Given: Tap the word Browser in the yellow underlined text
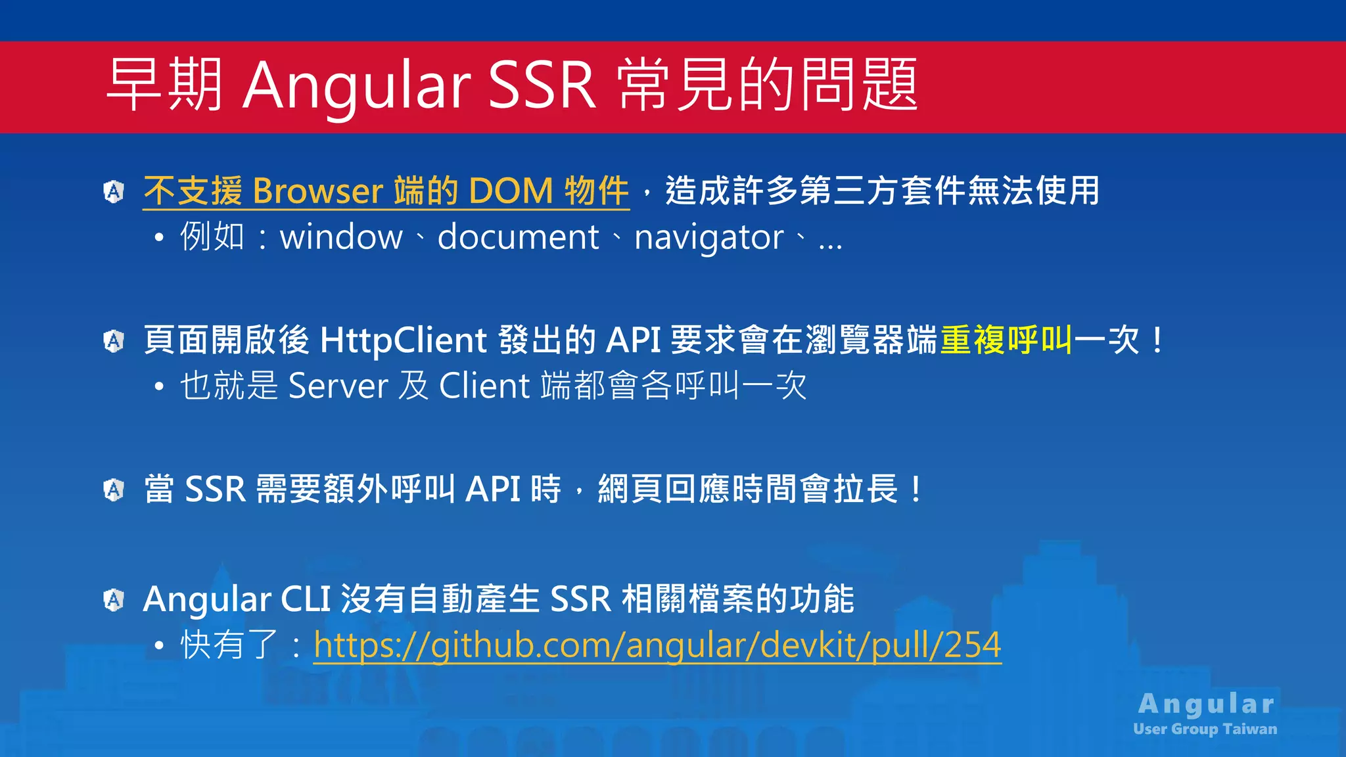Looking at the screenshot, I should (x=318, y=191).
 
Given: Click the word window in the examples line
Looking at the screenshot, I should (x=341, y=237).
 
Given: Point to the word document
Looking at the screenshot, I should (x=518, y=237).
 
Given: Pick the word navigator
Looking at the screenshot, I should (x=708, y=237).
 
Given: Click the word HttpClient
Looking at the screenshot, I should (x=403, y=340).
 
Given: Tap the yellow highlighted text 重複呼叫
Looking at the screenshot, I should (x=1006, y=340).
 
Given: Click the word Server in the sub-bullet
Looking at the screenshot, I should (x=338, y=386).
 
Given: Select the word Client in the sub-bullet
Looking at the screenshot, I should (x=484, y=386).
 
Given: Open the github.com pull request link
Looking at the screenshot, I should (x=657, y=645).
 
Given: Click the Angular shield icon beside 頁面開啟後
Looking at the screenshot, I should (x=114, y=341).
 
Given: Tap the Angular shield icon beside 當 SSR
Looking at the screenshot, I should (x=114, y=490).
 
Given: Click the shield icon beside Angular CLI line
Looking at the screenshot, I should (x=114, y=599).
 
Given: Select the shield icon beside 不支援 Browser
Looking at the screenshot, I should (x=114, y=192).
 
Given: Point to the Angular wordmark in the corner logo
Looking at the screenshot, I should (x=1206, y=704).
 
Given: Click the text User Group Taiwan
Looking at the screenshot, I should (x=1205, y=729).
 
